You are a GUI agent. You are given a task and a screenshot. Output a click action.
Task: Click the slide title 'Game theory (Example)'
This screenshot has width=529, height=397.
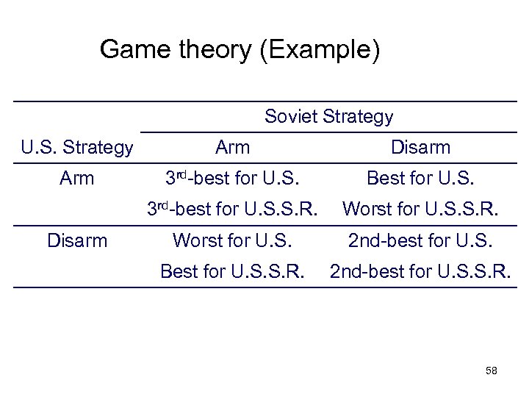click(x=240, y=50)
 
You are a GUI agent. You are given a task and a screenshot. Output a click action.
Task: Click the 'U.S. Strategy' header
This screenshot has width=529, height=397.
click(x=77, y=148)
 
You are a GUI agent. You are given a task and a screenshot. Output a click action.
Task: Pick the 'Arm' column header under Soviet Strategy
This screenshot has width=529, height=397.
click(x=233, y=148)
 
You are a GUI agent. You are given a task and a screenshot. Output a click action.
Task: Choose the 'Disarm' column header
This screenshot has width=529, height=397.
click(x=421, y=148)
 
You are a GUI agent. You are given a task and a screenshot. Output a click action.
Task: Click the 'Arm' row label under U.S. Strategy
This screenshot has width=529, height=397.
click(x=77, y=179)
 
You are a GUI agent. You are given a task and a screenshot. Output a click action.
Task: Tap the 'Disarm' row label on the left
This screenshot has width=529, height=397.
click(x=77, y=240)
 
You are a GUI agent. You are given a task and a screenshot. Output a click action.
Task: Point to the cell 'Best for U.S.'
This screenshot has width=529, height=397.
click(x=421, y=179)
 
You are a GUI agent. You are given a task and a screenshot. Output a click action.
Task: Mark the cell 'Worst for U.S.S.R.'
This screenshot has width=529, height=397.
click(x=421, y=209)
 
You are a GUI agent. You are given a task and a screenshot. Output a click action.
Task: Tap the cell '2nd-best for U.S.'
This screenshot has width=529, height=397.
click(x=421, y=240)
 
